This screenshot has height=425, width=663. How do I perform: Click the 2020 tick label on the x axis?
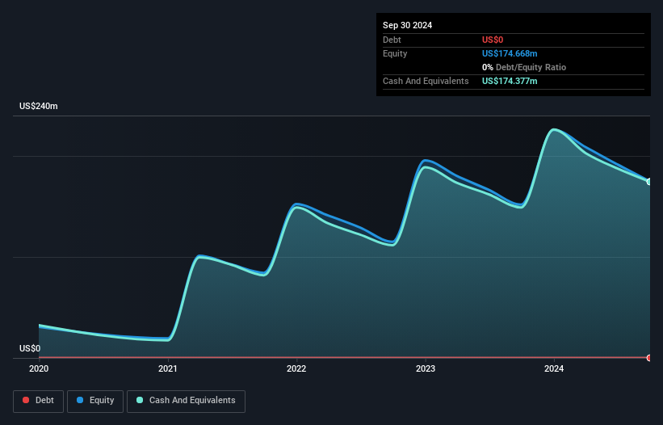pos(39,369)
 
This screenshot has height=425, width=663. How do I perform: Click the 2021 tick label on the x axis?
pos(168,369)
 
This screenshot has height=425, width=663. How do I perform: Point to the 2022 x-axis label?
pos(296,369)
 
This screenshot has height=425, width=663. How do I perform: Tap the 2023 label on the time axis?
pos(426,369)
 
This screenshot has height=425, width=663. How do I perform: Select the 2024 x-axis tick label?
pos(554,369)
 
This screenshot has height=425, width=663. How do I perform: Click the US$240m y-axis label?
pos(39,107)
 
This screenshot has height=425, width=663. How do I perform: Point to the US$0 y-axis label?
pos(30,349)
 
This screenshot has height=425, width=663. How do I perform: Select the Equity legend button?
pos(95,400)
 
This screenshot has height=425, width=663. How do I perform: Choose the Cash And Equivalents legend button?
pos(186,400)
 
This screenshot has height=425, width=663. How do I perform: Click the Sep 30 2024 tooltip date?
pos(407,25)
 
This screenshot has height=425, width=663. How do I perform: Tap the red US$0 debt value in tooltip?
pos(493,40)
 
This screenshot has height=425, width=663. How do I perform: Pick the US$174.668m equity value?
pos(510,53)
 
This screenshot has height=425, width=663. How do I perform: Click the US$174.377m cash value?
pos(510,82)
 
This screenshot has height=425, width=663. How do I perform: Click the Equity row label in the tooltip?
pos(395,53)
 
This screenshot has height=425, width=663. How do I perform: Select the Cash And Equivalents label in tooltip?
pos(426,82)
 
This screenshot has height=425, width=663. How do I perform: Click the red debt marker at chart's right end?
pos(649,357)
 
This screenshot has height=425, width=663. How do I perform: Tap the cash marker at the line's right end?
pos(649,182)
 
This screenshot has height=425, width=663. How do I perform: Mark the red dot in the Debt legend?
pos(26,400)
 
